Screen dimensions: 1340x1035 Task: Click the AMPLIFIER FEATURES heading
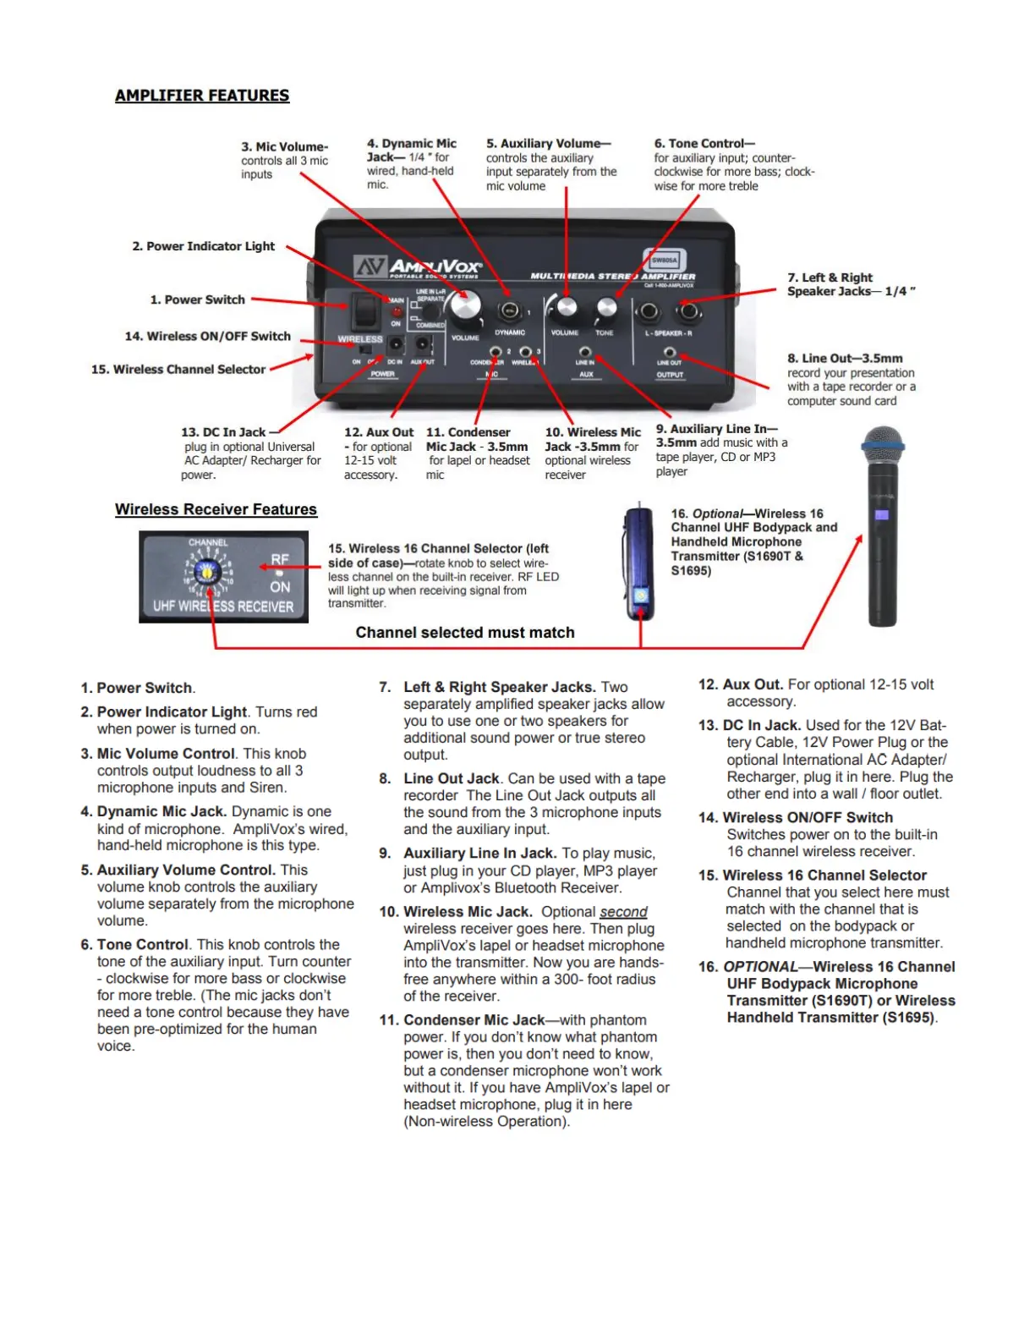[x=202, y=96]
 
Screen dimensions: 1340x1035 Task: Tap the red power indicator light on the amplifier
[x=396, y=311]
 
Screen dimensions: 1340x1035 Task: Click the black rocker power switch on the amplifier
[x=365, y=311]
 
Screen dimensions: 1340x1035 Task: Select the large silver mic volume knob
[x=464, y=305]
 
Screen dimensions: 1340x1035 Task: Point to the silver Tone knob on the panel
[x=606, y=308]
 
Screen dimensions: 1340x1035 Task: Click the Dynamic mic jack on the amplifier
[x=509, y=310]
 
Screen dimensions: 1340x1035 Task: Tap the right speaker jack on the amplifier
[x=689, y=311]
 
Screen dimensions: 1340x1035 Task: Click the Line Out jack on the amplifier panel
[x=669, y=352]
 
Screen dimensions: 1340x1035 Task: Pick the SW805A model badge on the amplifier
[x=664, y=261]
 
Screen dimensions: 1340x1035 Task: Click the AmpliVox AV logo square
[x=370, y=267]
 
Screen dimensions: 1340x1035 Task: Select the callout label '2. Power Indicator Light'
[x=204, y=246]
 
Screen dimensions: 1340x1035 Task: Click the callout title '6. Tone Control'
[x=704, y=144]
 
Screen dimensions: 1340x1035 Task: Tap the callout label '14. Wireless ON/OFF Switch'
[x=208, y=336]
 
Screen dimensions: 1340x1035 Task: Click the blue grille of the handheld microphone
[x=882, y=439]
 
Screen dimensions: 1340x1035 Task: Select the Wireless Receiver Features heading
[x=216, y=509]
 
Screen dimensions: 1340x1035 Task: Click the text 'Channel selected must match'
[x=465, y=633]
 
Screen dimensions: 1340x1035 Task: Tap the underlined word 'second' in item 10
[x=623, y=912]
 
